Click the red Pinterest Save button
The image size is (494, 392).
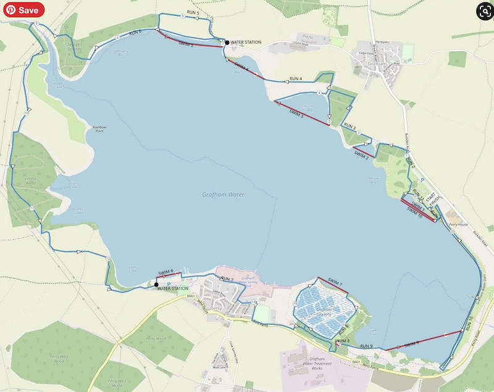(23, 10)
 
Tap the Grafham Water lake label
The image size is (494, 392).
(223, 195)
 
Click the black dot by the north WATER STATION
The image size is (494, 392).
(227, 43)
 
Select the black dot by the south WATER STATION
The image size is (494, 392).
(156, 284)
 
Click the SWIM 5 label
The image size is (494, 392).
(186, 44)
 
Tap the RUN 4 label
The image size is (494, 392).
(296, 79)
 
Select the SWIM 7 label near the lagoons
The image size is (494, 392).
(335, 284)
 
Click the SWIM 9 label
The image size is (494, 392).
(412, 343)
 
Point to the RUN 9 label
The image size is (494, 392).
(367, 346)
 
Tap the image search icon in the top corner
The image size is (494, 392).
(482, 10)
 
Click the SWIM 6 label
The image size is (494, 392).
(166, 271)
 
